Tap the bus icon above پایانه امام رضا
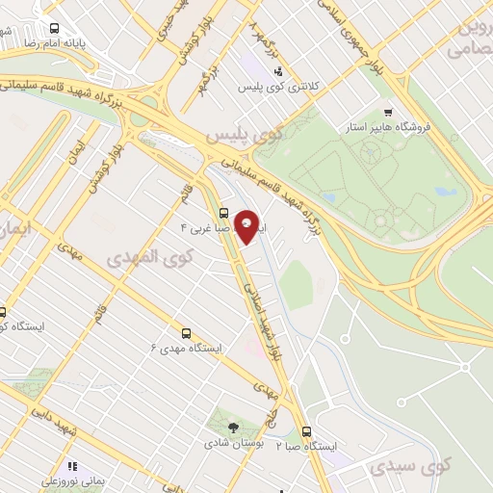point(53,29)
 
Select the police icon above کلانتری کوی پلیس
point(278,70)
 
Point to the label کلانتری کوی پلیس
point(278,87)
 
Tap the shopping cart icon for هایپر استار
point(388,112)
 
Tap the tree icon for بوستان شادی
point(231,428)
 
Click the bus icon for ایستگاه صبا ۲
point(307,431)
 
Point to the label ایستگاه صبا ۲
point(307,447)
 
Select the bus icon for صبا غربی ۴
point(223,213)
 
